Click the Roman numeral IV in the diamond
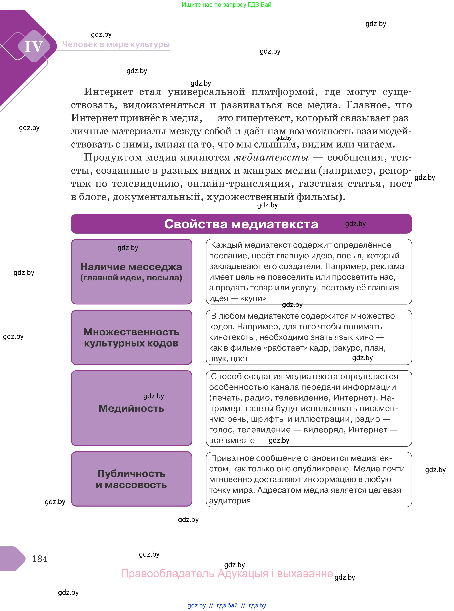tap(34, 46)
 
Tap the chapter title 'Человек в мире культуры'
tap(116, 44)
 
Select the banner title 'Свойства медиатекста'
tap(241, 224)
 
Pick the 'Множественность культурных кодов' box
tap(131, 337)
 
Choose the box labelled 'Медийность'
tap(131, 408)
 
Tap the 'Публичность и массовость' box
tap(131, 479)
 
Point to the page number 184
tap(40, 559)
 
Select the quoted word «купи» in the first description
tap(253, 298)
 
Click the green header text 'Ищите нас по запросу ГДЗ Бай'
tap(226, 5)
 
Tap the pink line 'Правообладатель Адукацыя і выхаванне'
tap(227, 573)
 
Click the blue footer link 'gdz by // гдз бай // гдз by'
tap(227, 605)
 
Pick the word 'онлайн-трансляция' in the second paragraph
tap(239, 183)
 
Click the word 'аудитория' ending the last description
tap(230, 501)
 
